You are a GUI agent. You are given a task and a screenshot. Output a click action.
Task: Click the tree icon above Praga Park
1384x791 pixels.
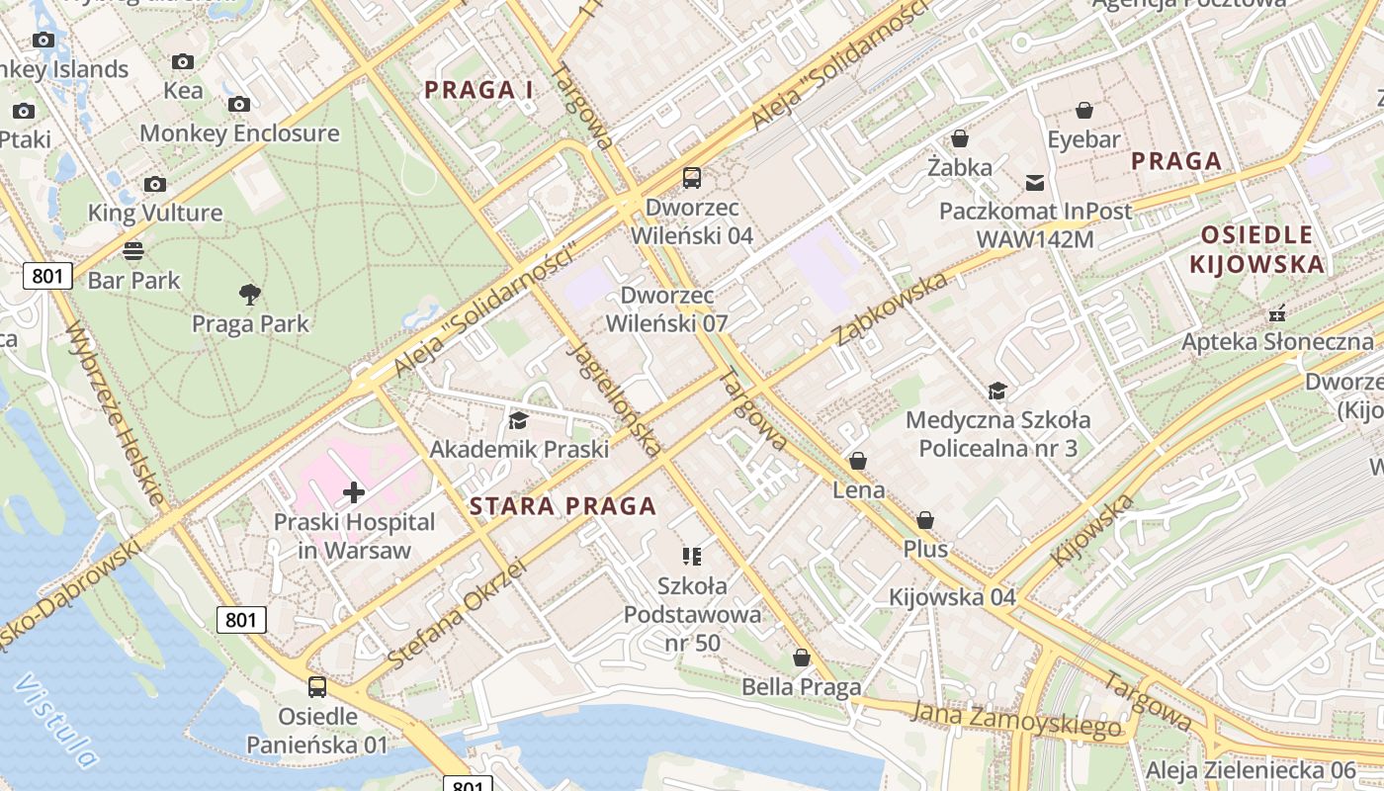(x=250, y=293)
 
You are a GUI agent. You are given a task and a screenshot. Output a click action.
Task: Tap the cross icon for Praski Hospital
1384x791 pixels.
(x=354, y=491)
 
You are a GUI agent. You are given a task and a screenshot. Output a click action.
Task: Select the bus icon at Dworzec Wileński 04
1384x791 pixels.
(x=692, y=178)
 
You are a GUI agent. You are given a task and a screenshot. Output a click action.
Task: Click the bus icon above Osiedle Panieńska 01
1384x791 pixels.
(x=316, y=686)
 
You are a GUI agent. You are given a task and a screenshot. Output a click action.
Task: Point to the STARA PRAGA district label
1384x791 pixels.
(x=562, y=506)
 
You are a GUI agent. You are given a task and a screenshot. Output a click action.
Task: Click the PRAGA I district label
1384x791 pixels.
(x=478, y=90)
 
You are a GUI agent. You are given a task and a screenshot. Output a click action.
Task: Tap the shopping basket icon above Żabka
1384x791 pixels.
(x=959, y=138)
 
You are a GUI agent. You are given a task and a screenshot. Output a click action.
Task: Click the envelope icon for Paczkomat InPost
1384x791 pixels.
(x=1035, y=182)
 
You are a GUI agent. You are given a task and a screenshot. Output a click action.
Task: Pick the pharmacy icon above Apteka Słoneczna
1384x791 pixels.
(x=1277, y=313)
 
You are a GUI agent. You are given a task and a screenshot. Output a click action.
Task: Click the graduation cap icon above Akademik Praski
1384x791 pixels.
(x=518, y=421)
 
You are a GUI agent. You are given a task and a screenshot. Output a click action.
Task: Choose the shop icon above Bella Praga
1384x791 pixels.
(x=802, y=658)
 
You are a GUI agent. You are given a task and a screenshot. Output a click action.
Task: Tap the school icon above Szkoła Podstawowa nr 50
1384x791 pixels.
(x=692, y=557)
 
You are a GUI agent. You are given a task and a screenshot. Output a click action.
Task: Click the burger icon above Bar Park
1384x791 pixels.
(x=133, y=250)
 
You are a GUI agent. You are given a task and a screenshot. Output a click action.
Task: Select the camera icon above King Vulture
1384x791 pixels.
(x=155, y=184)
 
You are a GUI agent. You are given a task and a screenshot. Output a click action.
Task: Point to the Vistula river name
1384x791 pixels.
(x=56, y=721)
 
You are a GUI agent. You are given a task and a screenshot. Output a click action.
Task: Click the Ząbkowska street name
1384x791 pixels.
(x=891, y=308)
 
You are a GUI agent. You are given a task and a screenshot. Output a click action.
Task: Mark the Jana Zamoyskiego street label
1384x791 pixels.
(x=1017, y=719)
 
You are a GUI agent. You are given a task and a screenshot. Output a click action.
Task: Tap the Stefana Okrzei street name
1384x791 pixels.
(x=457, y=614)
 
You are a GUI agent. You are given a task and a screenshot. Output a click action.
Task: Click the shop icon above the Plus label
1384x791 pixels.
(x=925, y=520)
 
